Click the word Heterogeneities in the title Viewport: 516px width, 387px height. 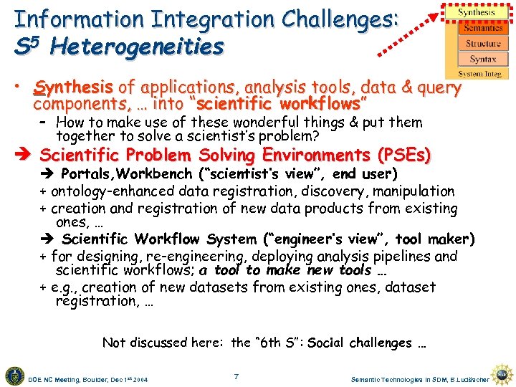tap(137, 47)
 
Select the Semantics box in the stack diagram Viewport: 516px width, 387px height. tap(482, 29)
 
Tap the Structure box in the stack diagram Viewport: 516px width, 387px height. tap(482, 44)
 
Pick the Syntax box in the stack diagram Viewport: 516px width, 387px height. tap(482, 59)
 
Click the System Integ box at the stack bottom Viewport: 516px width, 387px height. tap(481, 74)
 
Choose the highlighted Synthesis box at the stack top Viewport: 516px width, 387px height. tap(477, 12)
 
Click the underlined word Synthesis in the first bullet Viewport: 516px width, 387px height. tap(74, 88)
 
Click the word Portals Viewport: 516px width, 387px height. tap(90, 174)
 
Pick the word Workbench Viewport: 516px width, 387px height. tap(150, 174)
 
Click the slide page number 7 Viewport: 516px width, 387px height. tap(236, 376)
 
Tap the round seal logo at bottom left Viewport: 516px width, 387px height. tap(14, 375)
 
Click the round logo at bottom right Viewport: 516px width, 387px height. tap(504, 375)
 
